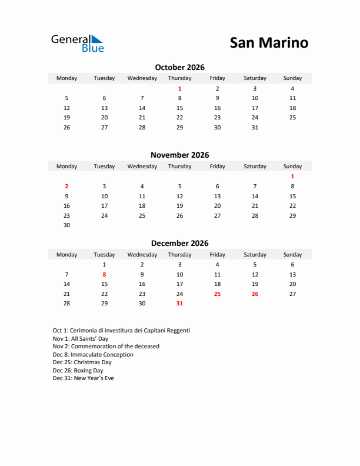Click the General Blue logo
coord(77,43)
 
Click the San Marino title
coord(268,43)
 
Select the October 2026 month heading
coord(179,67)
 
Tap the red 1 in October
coord(179,89)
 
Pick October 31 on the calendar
coord(255,127)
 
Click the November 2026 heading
coord(179,155)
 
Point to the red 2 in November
coord(66,186)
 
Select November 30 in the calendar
coord(66,225)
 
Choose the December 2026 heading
coord(179,243)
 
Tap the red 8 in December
coord(104,274)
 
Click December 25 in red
coord(217,294)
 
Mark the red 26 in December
coord(255,294)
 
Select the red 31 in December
coord(179,303)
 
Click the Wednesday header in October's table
coord(142,78)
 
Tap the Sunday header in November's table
coord(292,167)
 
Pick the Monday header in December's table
coord(66,255)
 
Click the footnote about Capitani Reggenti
coord(121,331)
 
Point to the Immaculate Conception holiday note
coord(93,355)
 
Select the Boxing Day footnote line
coord(78,371)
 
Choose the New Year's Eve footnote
coord(83,378)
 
